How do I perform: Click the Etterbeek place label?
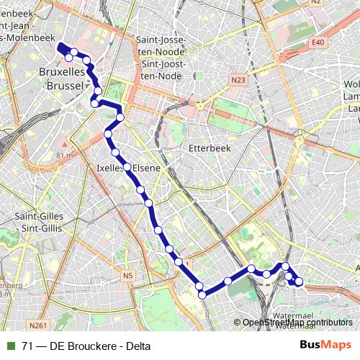pos(207,148)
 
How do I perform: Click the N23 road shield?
pos(239,78)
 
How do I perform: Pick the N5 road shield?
pos(128,275)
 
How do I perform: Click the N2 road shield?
pos(315,2)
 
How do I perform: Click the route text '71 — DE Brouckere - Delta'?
pos(86,346)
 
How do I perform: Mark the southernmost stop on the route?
pos(202,294)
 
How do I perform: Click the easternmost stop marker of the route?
pos(300,282)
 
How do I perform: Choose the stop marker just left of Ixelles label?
pos(115,153)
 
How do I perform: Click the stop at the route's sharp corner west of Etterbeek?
pos(120,117)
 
